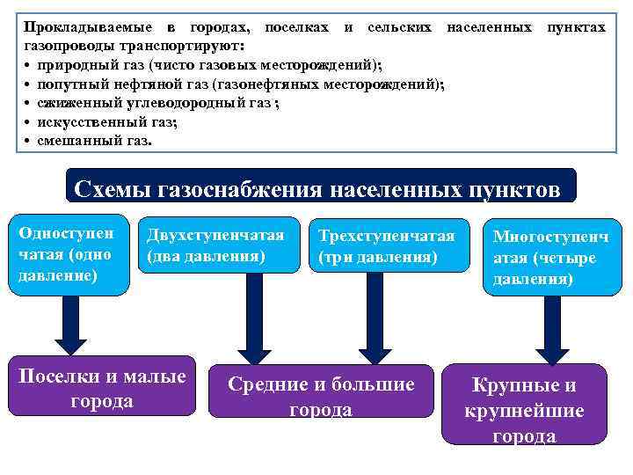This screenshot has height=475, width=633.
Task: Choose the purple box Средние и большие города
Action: [x=320, y=397]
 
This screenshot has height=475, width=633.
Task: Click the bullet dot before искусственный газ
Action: [x=28, y=122]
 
